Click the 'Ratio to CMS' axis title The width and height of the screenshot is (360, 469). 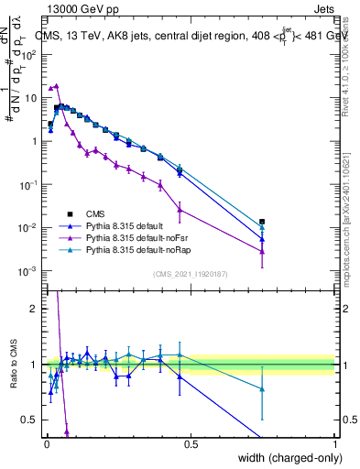coord(13,364)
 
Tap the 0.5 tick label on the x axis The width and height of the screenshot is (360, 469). coord(191,444)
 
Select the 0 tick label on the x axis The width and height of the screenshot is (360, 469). coord(46,444)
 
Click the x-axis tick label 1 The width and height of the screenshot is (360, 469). coord(334,444)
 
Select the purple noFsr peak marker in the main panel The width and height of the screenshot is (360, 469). coord(57,86)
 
